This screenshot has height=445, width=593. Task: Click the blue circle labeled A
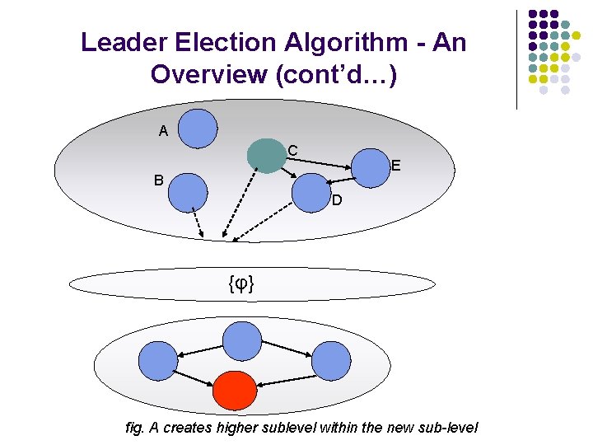tap(198, 129)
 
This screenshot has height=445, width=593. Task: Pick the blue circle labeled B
tap(188, 194)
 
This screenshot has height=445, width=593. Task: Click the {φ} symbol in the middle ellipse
tap(240, 284)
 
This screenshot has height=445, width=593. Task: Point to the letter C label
tap(292, 151)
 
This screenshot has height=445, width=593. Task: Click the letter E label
tap(396, 166)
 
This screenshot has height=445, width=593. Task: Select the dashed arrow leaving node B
tap(198, 223)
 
